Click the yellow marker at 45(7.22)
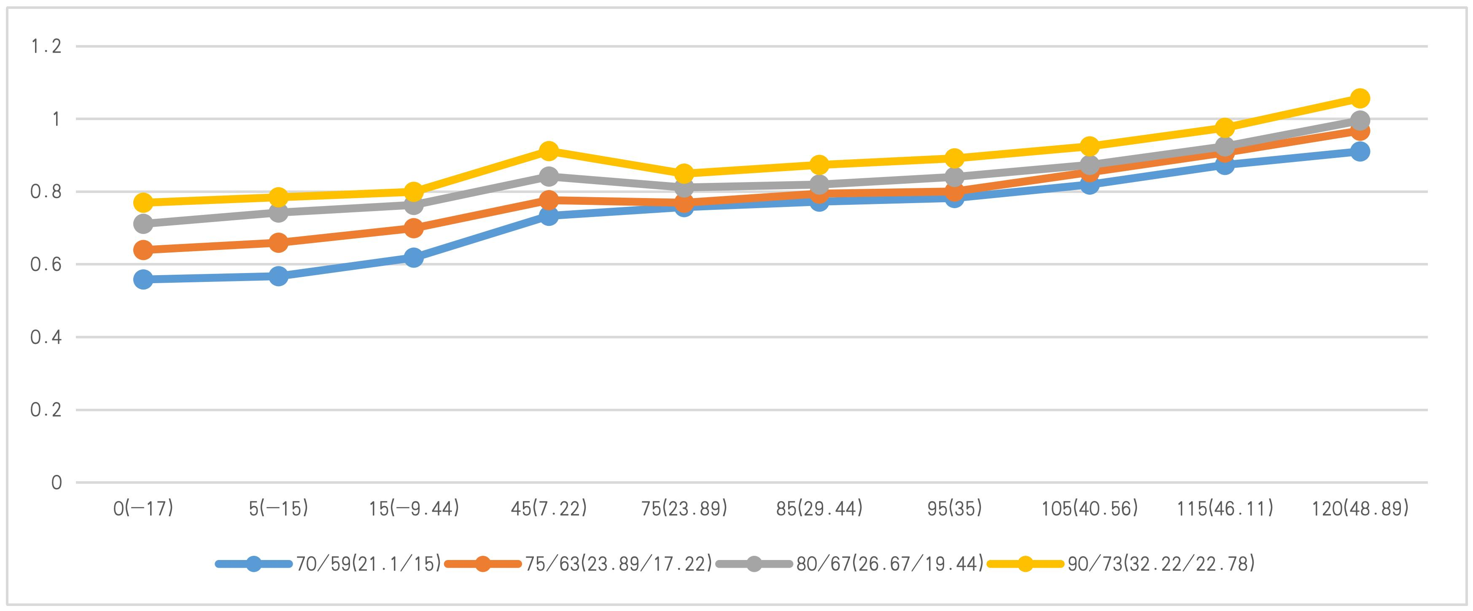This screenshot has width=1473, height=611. (x=548, y=151)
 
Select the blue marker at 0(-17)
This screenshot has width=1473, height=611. (x=143, y=279)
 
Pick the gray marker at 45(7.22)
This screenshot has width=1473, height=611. (x=548, y=176)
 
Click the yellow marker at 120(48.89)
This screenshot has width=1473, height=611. (x=1360, y=98)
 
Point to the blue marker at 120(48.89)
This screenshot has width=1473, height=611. (x=1360, y=151)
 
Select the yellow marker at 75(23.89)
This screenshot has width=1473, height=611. (x=684, y=173)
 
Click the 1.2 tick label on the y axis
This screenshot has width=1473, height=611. (x=46, y=46)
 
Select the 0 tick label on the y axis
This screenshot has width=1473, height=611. (x=56, y=483)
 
